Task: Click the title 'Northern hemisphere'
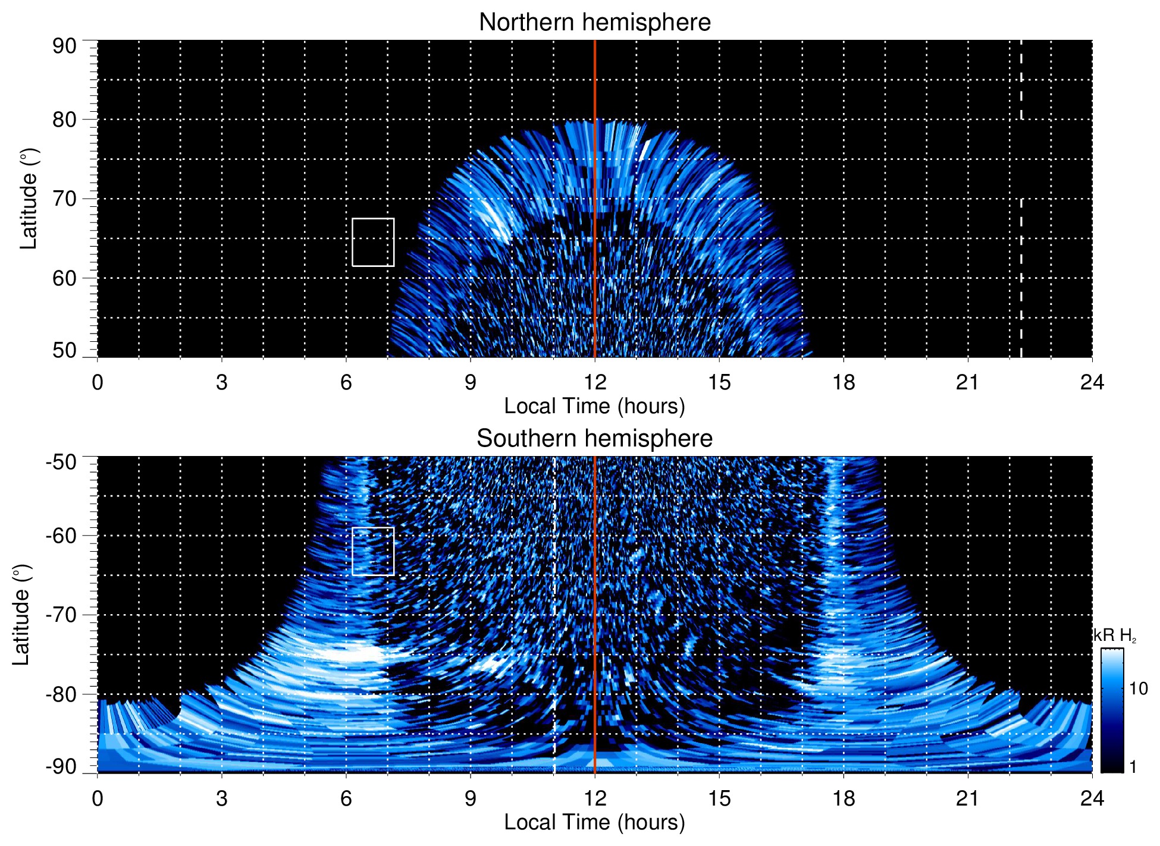pos(594,23)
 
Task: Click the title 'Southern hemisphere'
pos(594,439)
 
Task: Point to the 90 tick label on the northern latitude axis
pos(64,46)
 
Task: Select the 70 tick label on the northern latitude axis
pos(64,199)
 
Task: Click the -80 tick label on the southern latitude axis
pos(61,694)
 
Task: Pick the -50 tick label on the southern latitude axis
pos(61,462)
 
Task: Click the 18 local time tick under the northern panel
pos(844,382)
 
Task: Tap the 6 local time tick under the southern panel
pos(346,798)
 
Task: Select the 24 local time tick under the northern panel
pos(1092,382)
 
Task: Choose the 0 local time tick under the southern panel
pos(98,798)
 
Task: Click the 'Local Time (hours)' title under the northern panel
pos(594,406)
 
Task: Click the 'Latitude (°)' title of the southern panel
pos(21,615)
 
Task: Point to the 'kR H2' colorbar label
pos(1114,636)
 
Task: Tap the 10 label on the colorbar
pos(1138,689)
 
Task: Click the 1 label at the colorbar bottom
pos(1133,767)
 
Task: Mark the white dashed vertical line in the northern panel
pos(1021,268)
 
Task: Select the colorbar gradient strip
pos(1112,710)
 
